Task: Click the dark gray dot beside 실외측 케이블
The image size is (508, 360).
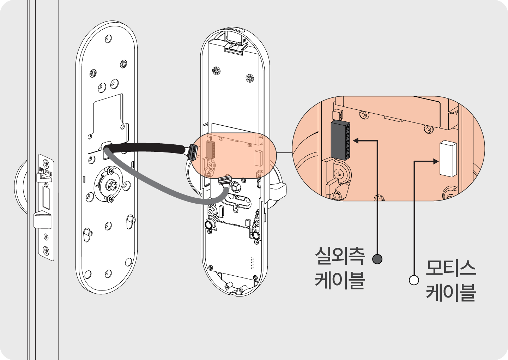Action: [377, 259]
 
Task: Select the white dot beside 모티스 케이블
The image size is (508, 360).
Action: [414, 280]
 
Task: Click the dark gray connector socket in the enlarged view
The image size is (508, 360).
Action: [340, 140]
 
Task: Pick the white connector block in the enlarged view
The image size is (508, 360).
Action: [448, 158]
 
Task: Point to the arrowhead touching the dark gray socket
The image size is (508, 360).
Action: [356, 140]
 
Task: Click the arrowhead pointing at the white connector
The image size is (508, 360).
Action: [436, 162]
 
